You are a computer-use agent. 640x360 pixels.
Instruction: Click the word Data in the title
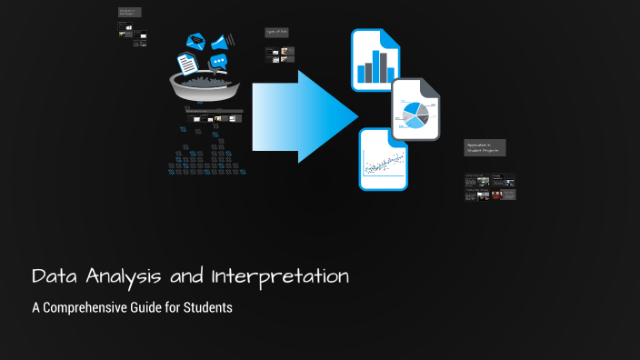[53, 276]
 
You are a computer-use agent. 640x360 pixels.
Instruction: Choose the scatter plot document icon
[383, 160]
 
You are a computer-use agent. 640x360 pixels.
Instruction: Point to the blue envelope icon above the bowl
[195, 41]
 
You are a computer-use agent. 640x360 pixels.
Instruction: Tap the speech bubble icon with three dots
[218, 62]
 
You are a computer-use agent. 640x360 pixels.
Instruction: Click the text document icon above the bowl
[186, 64]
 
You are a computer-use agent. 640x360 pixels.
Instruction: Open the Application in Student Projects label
[484, 147]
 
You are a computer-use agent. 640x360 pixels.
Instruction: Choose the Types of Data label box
[276, 33]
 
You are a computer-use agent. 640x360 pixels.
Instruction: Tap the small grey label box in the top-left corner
[131, 13]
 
